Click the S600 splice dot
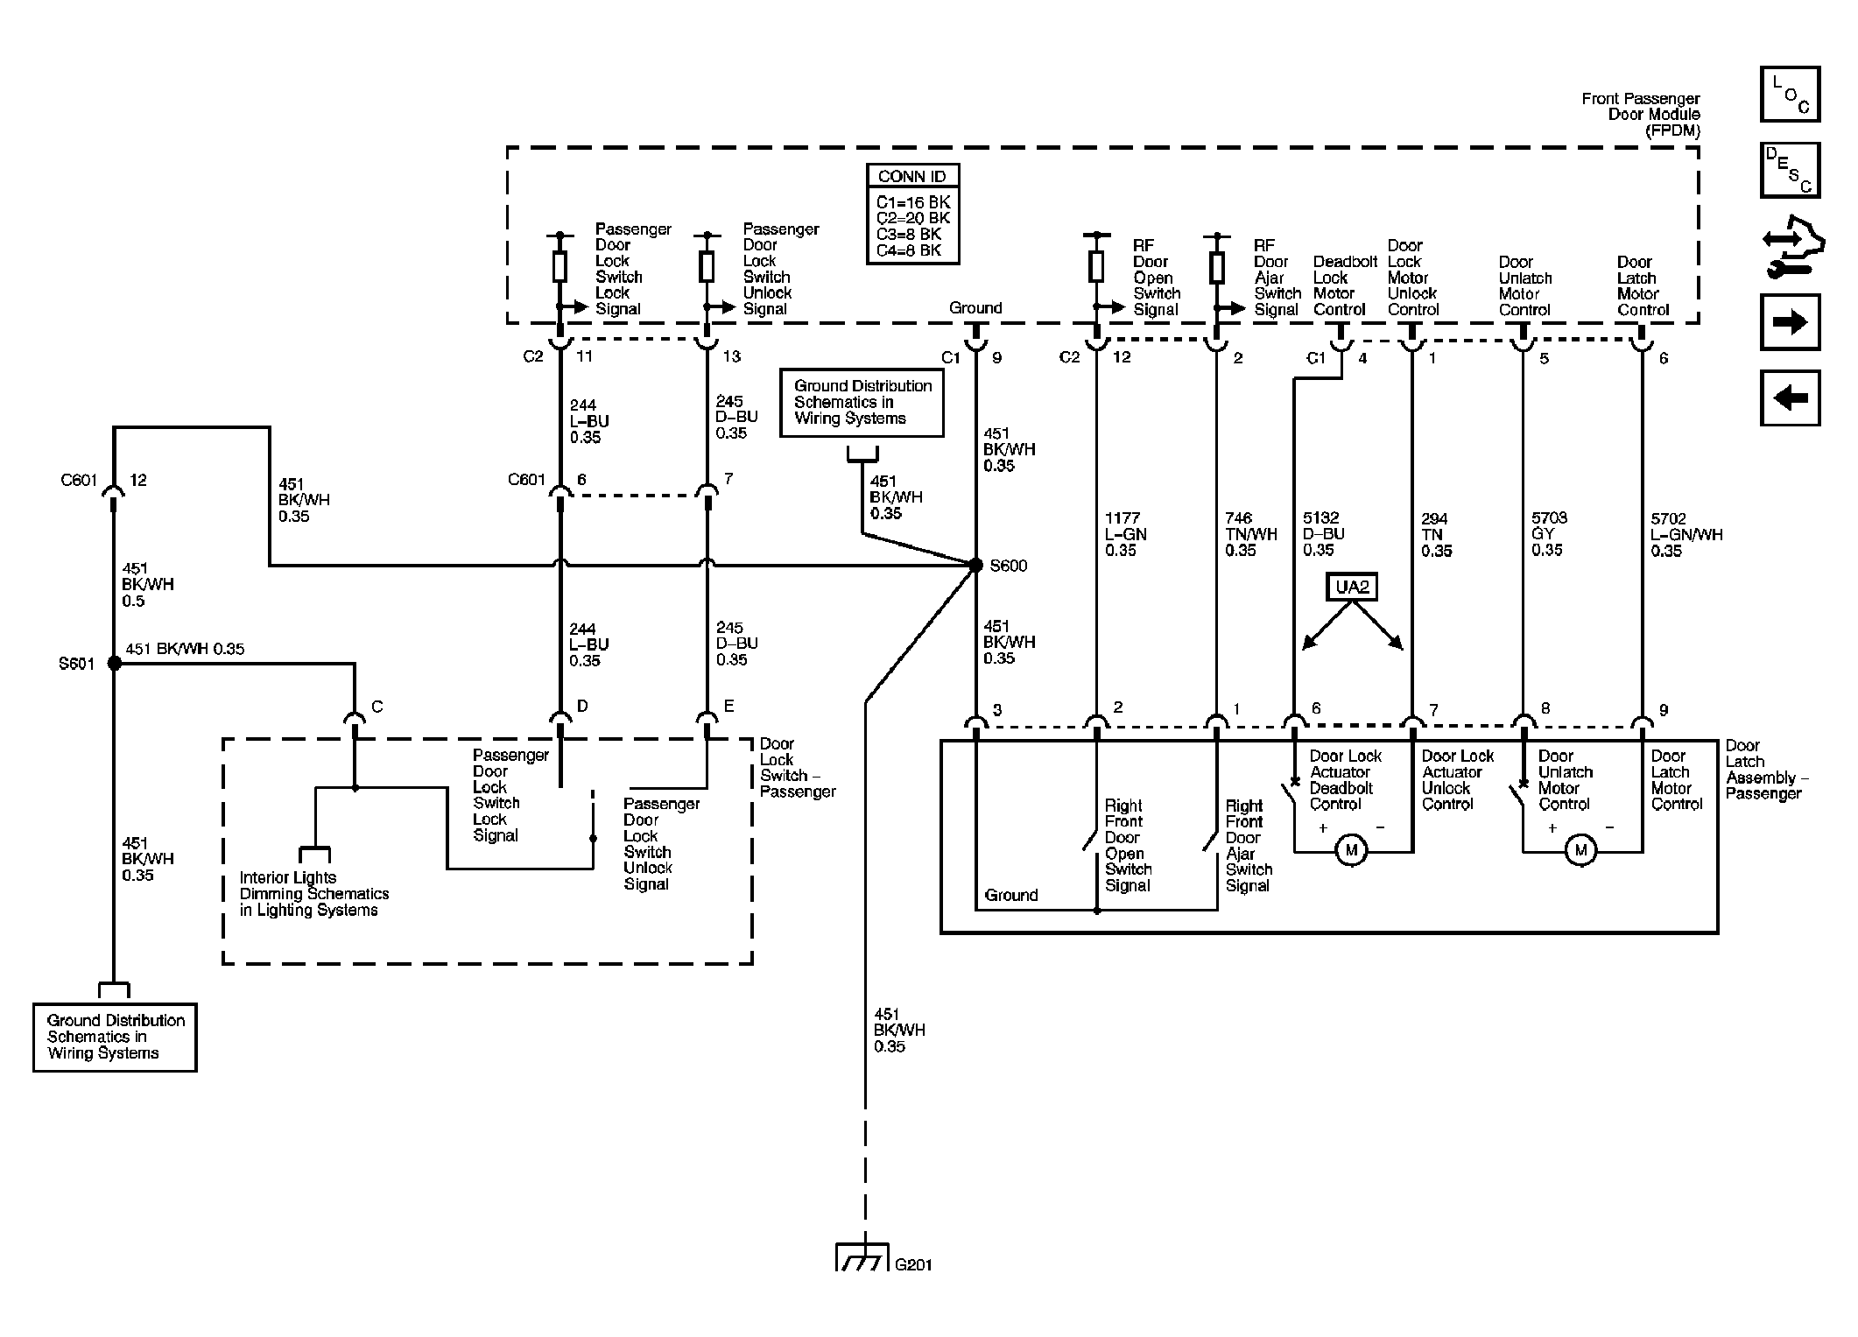975,566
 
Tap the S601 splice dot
114,664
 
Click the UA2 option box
1353,587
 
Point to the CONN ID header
912,176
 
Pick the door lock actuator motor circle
1351,851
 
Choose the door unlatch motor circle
1580,851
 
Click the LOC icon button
1790,95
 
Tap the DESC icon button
1790,170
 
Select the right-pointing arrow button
1790,322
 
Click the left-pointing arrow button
1790,398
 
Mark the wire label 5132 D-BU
1321,534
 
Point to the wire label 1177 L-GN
1125,534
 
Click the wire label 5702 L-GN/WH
1686,535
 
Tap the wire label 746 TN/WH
1251,534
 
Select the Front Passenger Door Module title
1641,115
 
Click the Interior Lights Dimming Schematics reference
314,894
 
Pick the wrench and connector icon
1792,246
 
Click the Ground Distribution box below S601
115,1038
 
